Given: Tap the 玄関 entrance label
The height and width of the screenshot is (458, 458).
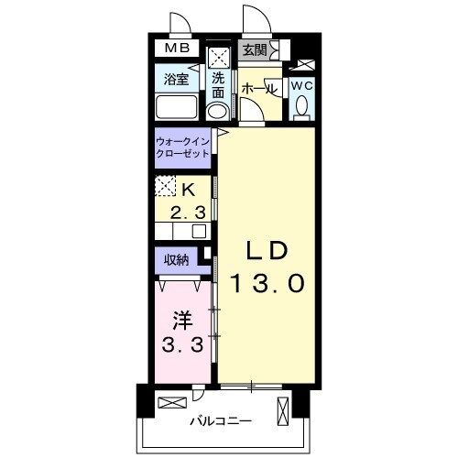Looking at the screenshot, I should pyautogui.click(x=255, y=50).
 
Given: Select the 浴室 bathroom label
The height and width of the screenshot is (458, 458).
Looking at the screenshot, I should pyautogui.click(x=177, y=80).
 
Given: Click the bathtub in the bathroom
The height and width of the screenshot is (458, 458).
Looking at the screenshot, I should pyautogui.click(x=178, y=108).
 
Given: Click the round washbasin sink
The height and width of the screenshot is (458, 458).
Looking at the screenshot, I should pyautogui.click(x=218, y=112).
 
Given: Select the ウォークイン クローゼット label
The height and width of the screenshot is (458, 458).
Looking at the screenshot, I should pyautogui.click(x=183, y=149).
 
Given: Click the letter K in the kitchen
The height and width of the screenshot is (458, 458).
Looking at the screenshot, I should pyautogui.click(x=190, y=191).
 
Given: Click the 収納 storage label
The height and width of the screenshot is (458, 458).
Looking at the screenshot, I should pyautogui.click(x=177, y=259).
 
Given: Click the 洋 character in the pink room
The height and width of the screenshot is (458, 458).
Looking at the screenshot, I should pyautogui.click(x=180, y=322).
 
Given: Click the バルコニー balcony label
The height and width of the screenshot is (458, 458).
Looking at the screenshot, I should pyautogui.click(x=221, y=421).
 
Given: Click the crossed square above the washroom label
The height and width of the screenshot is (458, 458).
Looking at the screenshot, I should pyautogui.click(x=218, y=58).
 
